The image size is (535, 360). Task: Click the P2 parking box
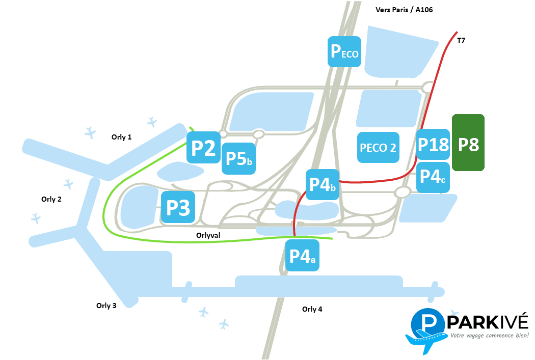click(x=203, y=147)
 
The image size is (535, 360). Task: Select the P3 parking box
click(x=178, y=207)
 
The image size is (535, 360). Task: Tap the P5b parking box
click(x=238, y=158)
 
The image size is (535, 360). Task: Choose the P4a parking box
click(x=302, y=255)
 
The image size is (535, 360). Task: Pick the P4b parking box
click(x=323, y=184)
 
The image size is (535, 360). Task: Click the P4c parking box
click(x=433, y=177)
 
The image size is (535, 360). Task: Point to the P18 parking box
click(x=433, y=144)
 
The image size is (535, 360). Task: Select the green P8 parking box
click(x=468, y=143)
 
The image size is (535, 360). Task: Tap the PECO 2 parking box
click(x=378, y=147)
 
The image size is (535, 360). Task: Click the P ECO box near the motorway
click(x=344, y=51)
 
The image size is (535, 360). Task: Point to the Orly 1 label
click(x=121, y=137)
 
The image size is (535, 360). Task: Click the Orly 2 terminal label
click(x=51, y=199)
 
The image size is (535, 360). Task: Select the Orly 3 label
click(x=106, y=306)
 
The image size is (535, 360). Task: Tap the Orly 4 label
click(x=312, y=309)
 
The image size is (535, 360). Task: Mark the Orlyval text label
click(x=208, y=235)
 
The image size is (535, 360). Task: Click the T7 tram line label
click(x=461, y=40)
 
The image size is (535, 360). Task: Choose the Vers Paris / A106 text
click(x=404, y=10)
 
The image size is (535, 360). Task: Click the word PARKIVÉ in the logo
click(x=488, y=322)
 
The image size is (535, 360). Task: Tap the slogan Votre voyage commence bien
click(x=490, y=336)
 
